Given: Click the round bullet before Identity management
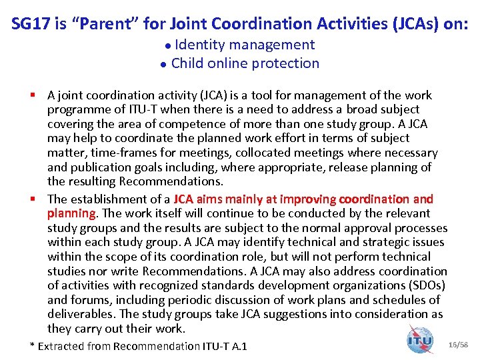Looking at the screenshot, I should pos(167,46).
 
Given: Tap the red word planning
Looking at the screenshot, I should pos(71,213).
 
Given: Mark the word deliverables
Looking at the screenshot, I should pos(80,314).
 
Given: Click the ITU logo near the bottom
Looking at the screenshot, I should pos(419,340).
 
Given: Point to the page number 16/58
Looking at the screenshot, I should pos(459,344).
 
